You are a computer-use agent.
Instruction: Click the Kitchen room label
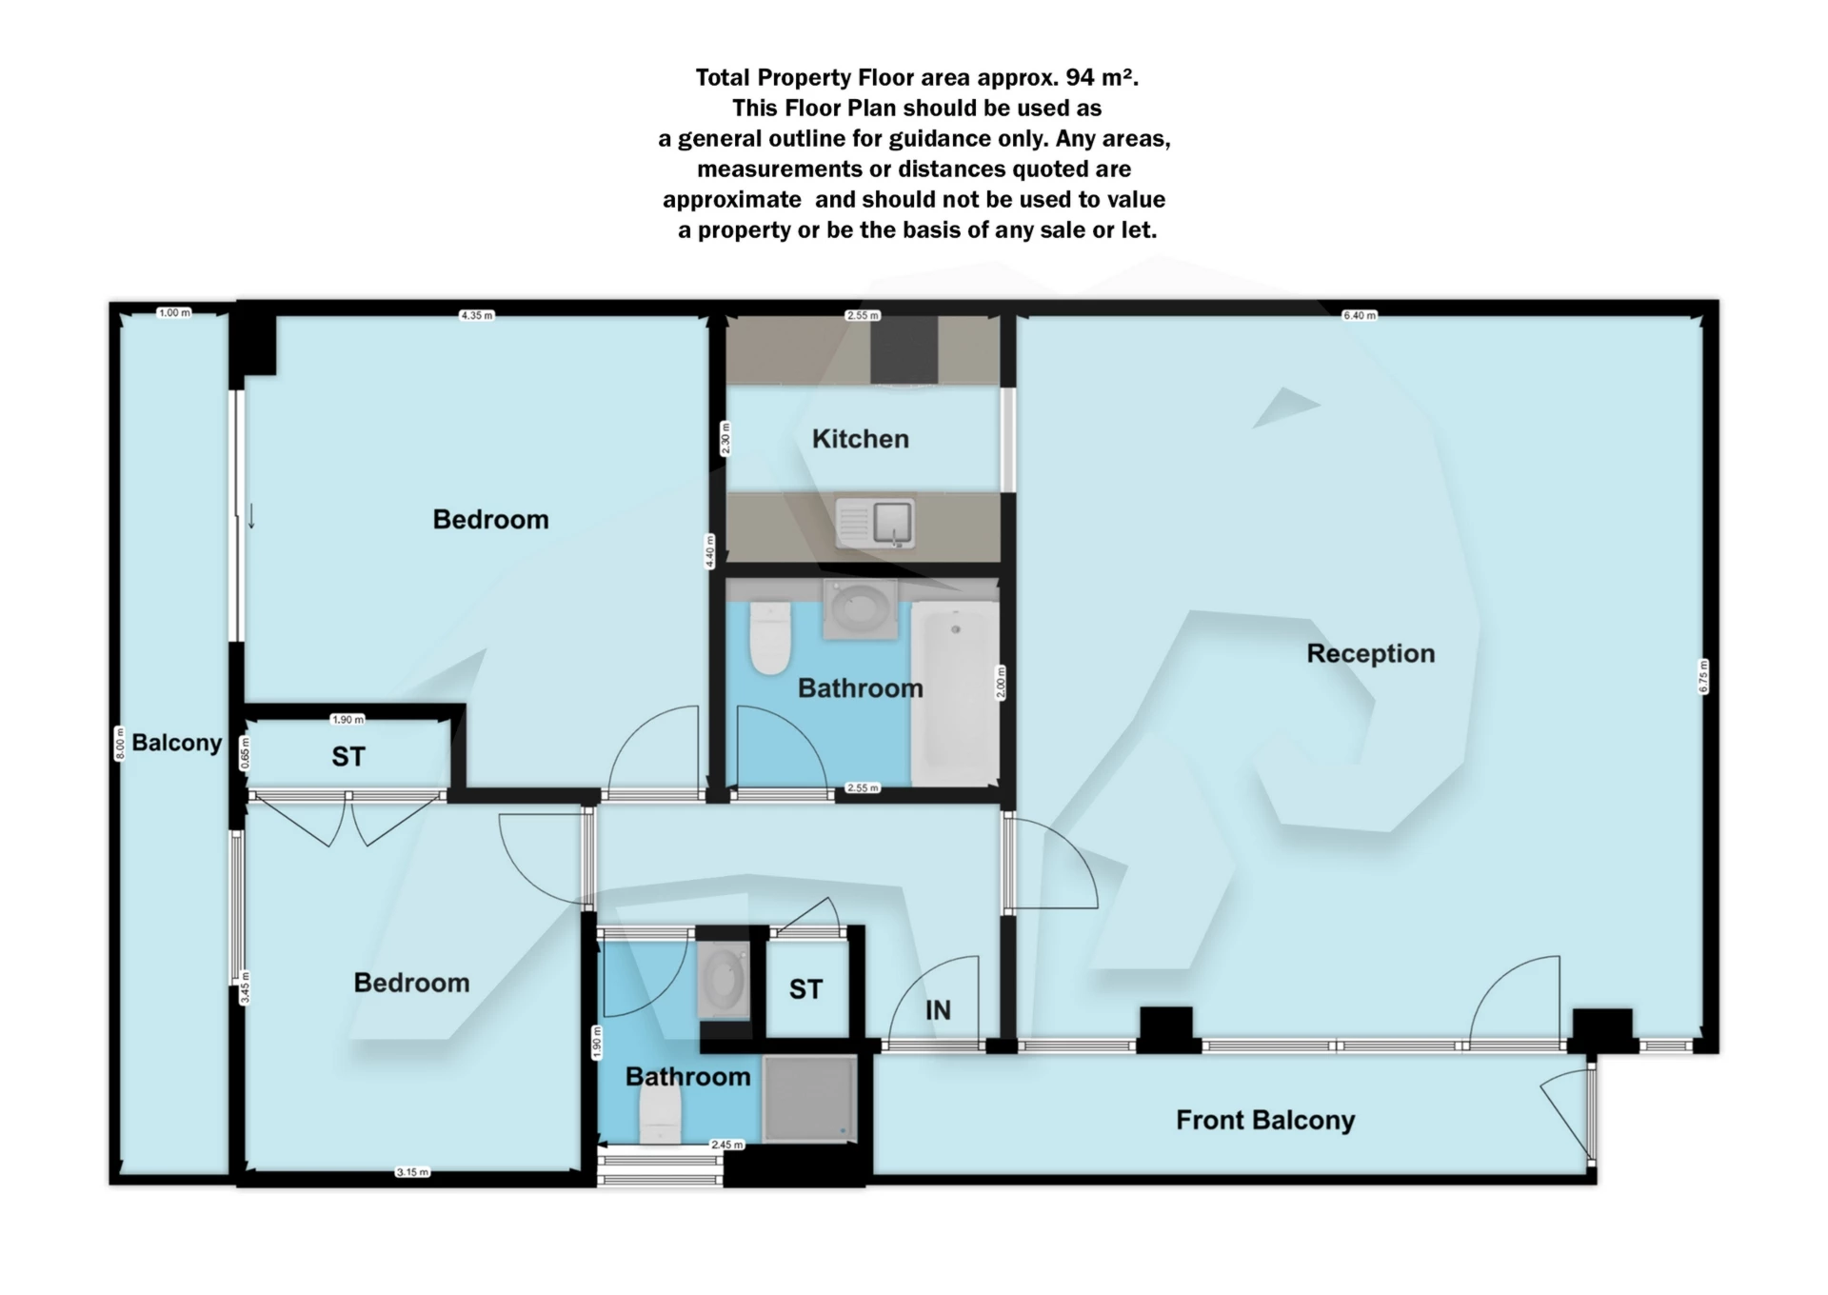[x=860, y=439]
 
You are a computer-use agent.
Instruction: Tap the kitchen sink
[x=876, y=523]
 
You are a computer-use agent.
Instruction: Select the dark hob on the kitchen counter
[x=904, y=349]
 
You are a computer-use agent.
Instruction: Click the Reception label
[x=1370, y=653]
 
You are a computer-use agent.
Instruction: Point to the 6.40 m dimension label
[x=1359, y=315]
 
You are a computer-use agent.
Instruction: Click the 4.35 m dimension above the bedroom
[x=476, y=315]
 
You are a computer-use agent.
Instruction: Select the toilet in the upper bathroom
[x=770, y=636]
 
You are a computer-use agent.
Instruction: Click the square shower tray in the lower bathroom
[x=809, y=1098]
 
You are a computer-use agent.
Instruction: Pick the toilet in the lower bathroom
[x=660, y=1116]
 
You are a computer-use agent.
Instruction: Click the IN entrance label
[x=938, y=1010]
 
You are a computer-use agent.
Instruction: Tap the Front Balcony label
[x=1264, y=1120]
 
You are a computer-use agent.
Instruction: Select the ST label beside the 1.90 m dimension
[x=348, y=757]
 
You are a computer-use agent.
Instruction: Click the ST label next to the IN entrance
[x=805, y=989]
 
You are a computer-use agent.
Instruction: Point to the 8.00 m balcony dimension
[x=120, y=743]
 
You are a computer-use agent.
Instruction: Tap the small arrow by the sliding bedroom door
[x=251, y=516]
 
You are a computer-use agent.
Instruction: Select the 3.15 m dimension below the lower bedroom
[x=412, y=1172]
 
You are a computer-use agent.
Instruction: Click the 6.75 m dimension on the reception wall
[x=1703, y=676]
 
